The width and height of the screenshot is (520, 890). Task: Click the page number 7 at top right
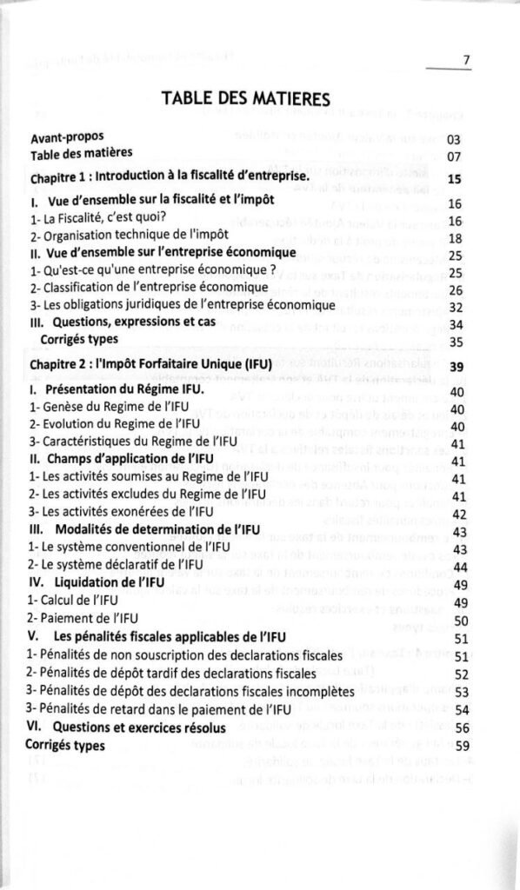point(466,60)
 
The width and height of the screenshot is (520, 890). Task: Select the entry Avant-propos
point(66,137)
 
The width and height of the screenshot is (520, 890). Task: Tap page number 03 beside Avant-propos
point(452,139)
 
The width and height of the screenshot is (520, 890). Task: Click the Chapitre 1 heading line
point(170,176)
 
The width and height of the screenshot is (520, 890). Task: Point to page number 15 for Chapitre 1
point(453,179)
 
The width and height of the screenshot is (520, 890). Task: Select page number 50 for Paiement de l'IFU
point(462,621)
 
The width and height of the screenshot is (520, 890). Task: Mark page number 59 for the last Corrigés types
point(463,747)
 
